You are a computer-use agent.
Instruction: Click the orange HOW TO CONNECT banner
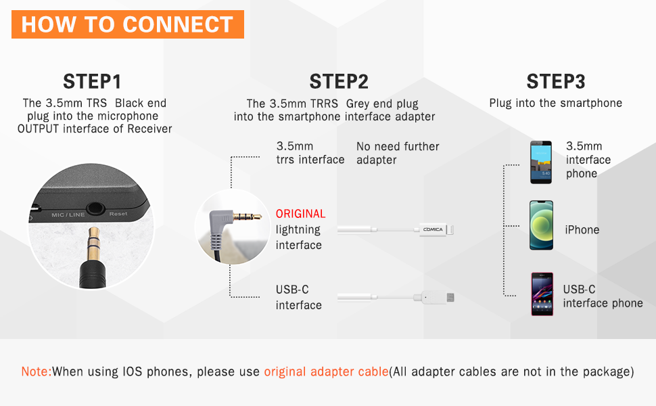tap(127, 24)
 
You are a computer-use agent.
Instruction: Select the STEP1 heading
tap(92, 82)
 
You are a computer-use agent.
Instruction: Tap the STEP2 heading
tap(338, 82)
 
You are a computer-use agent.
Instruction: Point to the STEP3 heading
tap(555, 82)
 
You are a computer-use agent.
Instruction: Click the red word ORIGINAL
tap(300, 214)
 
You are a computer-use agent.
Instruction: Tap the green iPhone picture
tap(541, 225)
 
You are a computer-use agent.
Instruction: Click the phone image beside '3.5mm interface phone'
tap(541, 162)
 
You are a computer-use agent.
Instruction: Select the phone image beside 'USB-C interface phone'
tap(541, 294)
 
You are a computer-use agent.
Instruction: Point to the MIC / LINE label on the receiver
tap(68, 215)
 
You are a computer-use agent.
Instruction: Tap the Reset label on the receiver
tap(118, 214)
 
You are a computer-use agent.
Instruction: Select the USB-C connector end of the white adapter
tap(450, 296)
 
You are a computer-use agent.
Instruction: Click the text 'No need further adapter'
tap(398, 153)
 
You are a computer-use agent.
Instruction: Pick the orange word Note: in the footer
tap(37, 371)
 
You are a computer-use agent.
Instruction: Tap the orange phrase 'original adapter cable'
tap(326, 371)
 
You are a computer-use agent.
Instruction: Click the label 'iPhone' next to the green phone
tap(582, 230)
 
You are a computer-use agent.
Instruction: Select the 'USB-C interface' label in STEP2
tap(298, 298)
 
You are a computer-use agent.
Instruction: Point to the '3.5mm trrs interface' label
tap(310, 153)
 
